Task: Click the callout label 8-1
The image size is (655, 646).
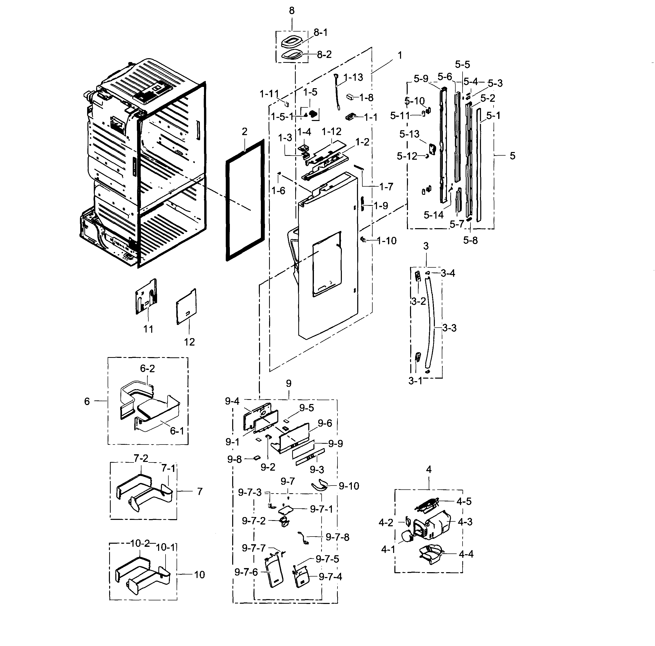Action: [x=320, y=33]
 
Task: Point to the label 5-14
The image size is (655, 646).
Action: [x=433, y=215]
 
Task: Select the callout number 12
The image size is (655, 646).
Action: [x=189, y=342]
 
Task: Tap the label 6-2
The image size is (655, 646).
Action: [x=147, y=369]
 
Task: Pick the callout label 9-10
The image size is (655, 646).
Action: [x=349, y=486]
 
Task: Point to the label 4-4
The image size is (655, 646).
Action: [x=466, y=554]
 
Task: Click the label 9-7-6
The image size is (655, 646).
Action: [x=246, y=572]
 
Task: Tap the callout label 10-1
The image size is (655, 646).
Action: [x=166, y=548]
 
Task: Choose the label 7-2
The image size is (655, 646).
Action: [x=141, y=458]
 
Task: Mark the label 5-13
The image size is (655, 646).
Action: [x=409, y=134]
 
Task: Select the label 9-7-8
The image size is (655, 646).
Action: [x=337, y=537]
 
